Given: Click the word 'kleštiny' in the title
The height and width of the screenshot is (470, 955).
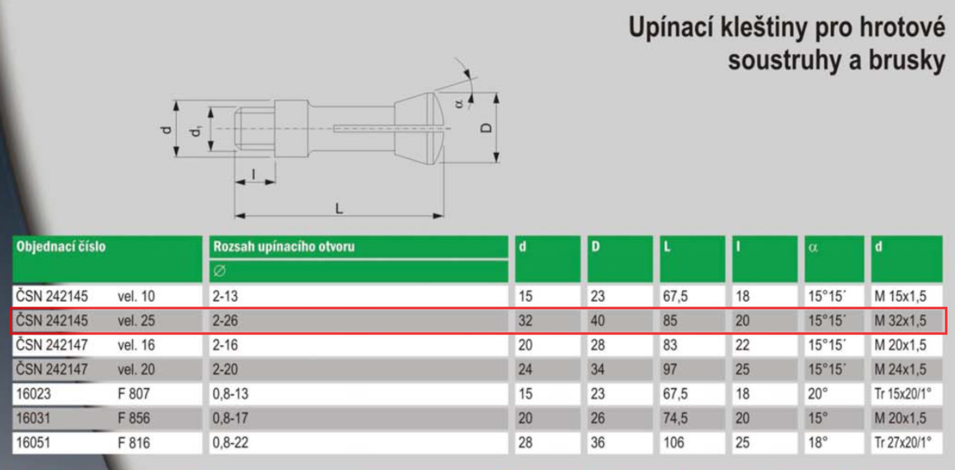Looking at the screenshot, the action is pos(764,27).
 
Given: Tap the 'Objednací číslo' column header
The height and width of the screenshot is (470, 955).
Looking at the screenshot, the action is pos(61,246).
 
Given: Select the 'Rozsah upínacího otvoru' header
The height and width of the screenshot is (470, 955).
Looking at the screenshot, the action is pos(284,246).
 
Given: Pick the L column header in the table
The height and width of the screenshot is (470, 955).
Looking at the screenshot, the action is pos(667,246).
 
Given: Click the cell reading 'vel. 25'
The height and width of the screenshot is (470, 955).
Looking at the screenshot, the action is pos(136,321).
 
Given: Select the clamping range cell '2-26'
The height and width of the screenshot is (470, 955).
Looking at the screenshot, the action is pos(225,321).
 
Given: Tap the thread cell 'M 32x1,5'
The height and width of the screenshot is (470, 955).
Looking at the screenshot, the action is pos(900,321).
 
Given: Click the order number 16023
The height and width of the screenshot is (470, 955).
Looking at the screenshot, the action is pos(33,394).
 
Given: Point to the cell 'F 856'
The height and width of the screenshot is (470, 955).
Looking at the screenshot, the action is pos(134,418).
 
